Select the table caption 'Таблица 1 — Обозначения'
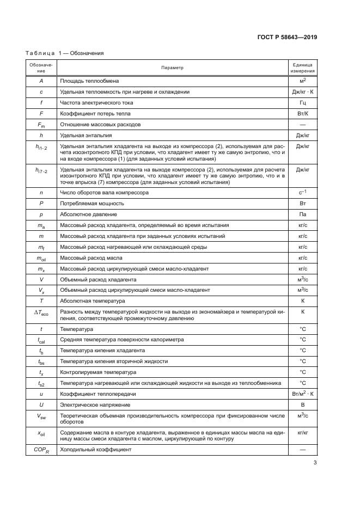pos(65,53)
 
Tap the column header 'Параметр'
pos(172,68)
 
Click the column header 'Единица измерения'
pos(302,68)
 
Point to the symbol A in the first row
pos(41,81)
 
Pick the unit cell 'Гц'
pos(302,103)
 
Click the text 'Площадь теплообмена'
pos(88,81)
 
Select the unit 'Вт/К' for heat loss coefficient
pos(302,114)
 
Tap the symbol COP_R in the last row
pos(41,450)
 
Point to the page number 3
pos(315,463)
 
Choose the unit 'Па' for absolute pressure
pos(302,214)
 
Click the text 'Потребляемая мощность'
pos(92,203)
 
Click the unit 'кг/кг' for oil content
pos(302,432)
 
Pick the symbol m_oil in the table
pos(41,257)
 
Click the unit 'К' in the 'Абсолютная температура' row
pos(302,301)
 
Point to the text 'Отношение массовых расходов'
pos(101,125)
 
